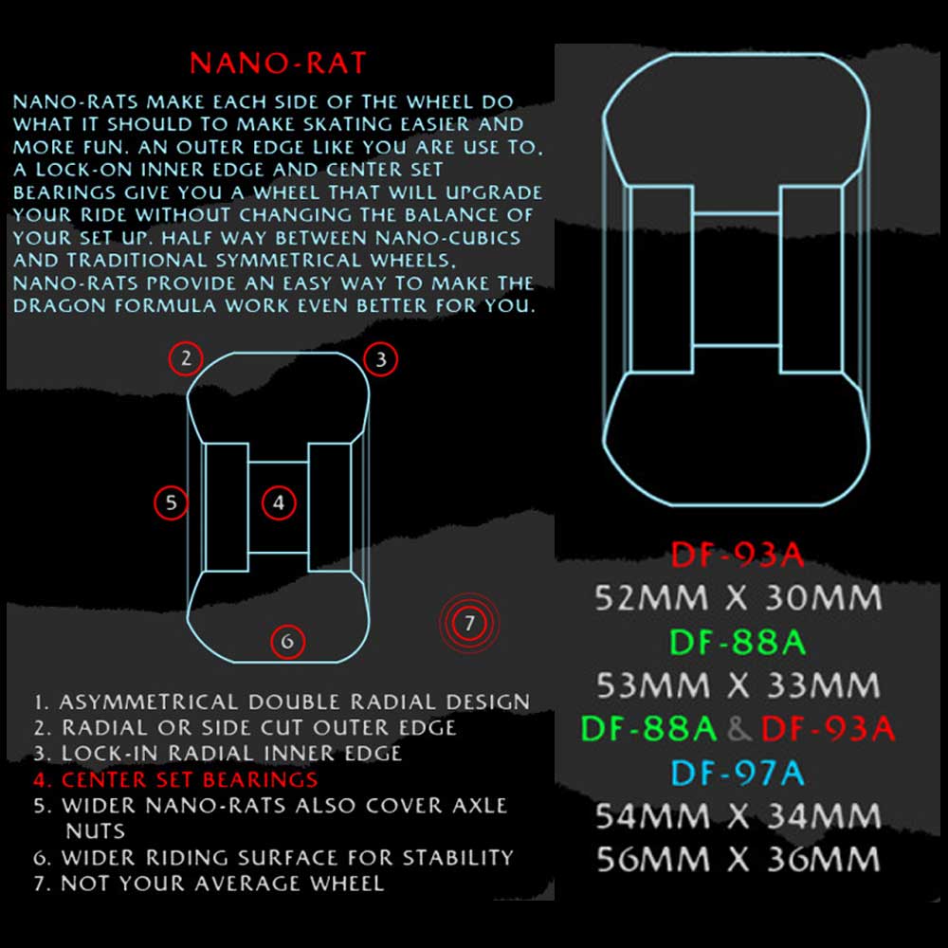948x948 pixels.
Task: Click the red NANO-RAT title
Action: [x=278, y=63]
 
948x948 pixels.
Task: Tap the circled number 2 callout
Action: [x=186, y=358]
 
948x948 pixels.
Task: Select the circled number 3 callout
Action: [x=381, y=359]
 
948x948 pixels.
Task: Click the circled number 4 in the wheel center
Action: [x=279, y=502]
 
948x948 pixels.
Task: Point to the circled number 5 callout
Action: [x=171, y=502]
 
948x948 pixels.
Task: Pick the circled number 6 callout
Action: [x=287, y=641]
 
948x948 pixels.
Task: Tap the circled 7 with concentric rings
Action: [x=470, y=623]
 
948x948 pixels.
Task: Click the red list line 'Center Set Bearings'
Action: [x=176, y=779]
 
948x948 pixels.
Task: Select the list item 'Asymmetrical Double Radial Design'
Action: [x=282, y=702]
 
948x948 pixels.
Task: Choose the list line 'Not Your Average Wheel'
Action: [x=210, y=884]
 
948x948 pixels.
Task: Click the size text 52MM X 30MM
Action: [x=738, y=598]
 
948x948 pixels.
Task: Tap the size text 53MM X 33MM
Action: [x=738, y=685]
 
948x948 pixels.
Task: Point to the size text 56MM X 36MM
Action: [x=738, y=859]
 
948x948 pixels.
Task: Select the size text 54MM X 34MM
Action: [x=738, y=815]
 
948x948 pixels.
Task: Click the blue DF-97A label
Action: [x=738, y=773]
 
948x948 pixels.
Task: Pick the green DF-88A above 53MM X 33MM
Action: [x=738, y=642]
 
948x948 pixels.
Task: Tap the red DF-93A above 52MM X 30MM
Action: [x=738, y=555]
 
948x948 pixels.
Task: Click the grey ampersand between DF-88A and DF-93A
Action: [x=738, y=729]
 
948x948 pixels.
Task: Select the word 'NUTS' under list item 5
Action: [x=95, y=831]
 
